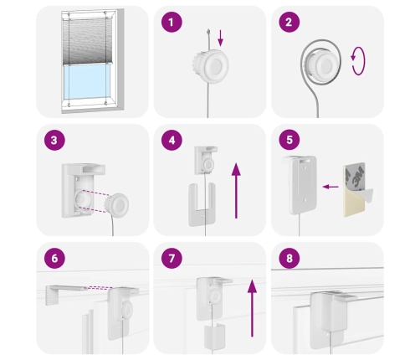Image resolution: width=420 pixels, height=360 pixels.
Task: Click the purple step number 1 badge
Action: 172,22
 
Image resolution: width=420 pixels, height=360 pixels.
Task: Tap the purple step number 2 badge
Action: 289,22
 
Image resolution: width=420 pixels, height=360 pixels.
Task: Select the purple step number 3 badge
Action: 54,140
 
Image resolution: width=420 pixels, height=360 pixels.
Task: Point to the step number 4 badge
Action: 172,140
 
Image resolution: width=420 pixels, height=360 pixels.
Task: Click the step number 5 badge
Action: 289,140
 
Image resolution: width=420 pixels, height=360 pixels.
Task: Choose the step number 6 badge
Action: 54,258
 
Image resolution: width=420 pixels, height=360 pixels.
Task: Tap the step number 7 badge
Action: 172,258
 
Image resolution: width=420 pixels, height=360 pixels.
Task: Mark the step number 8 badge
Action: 289,258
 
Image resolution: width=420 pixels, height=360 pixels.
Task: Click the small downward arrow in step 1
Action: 221,38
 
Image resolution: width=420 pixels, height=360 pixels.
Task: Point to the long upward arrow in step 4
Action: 236,191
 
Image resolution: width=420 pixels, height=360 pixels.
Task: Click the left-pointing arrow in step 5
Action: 330,187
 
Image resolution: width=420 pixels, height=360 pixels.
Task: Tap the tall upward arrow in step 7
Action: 252,308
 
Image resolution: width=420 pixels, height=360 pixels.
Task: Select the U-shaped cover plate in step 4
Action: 202,204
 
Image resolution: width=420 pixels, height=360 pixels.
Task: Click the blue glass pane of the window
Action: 86,81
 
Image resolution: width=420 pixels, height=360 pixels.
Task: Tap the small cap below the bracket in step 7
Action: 214,337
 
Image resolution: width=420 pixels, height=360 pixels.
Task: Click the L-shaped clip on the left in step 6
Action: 65,293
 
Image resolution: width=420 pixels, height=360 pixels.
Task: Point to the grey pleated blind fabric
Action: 87,41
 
